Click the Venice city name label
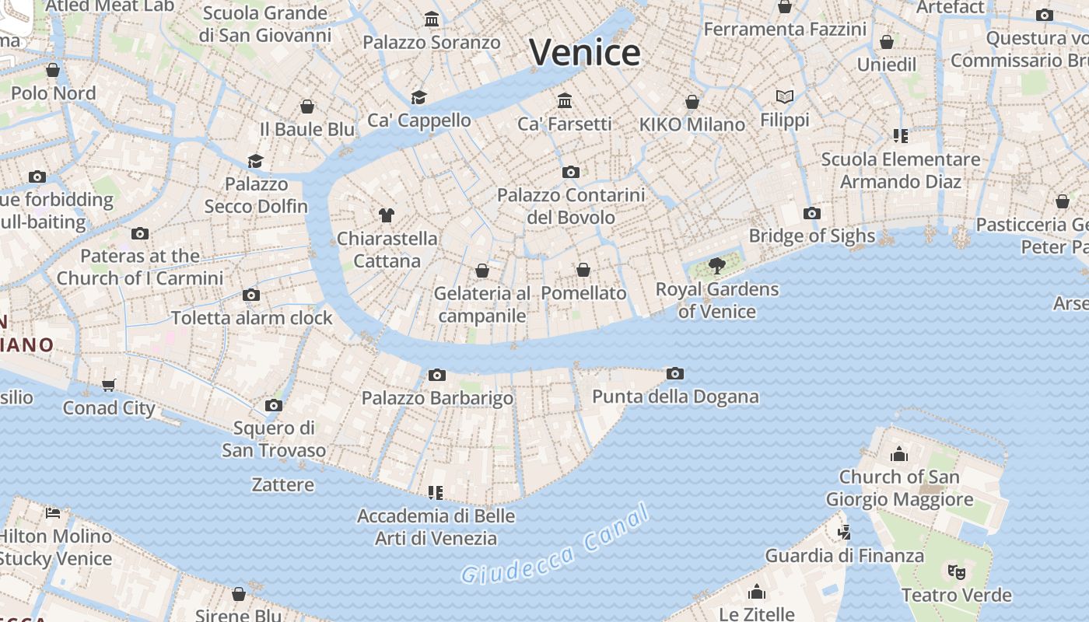pos(585,53)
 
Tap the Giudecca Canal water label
pos(555,544)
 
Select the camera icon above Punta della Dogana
pos(675,374)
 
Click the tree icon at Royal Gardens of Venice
pos(716,267)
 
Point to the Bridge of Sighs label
pos(811,236)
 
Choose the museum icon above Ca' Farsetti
pos(565,101)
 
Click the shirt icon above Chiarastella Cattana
pos(387,215)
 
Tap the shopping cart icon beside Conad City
pos(109,386)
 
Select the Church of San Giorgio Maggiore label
pos(899,487)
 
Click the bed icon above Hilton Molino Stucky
pos(53,512)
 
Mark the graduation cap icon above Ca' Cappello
pos(419,97)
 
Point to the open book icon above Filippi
pos(785,96)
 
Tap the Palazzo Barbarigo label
pos(437,398)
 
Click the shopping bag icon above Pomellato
pos(583,270)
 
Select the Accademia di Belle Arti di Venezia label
pos(436,526)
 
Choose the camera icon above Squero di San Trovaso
pos(273,405)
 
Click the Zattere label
pos(283,484)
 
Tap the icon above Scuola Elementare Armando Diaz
pos(901,137)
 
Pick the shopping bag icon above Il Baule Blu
pos(307,107)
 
